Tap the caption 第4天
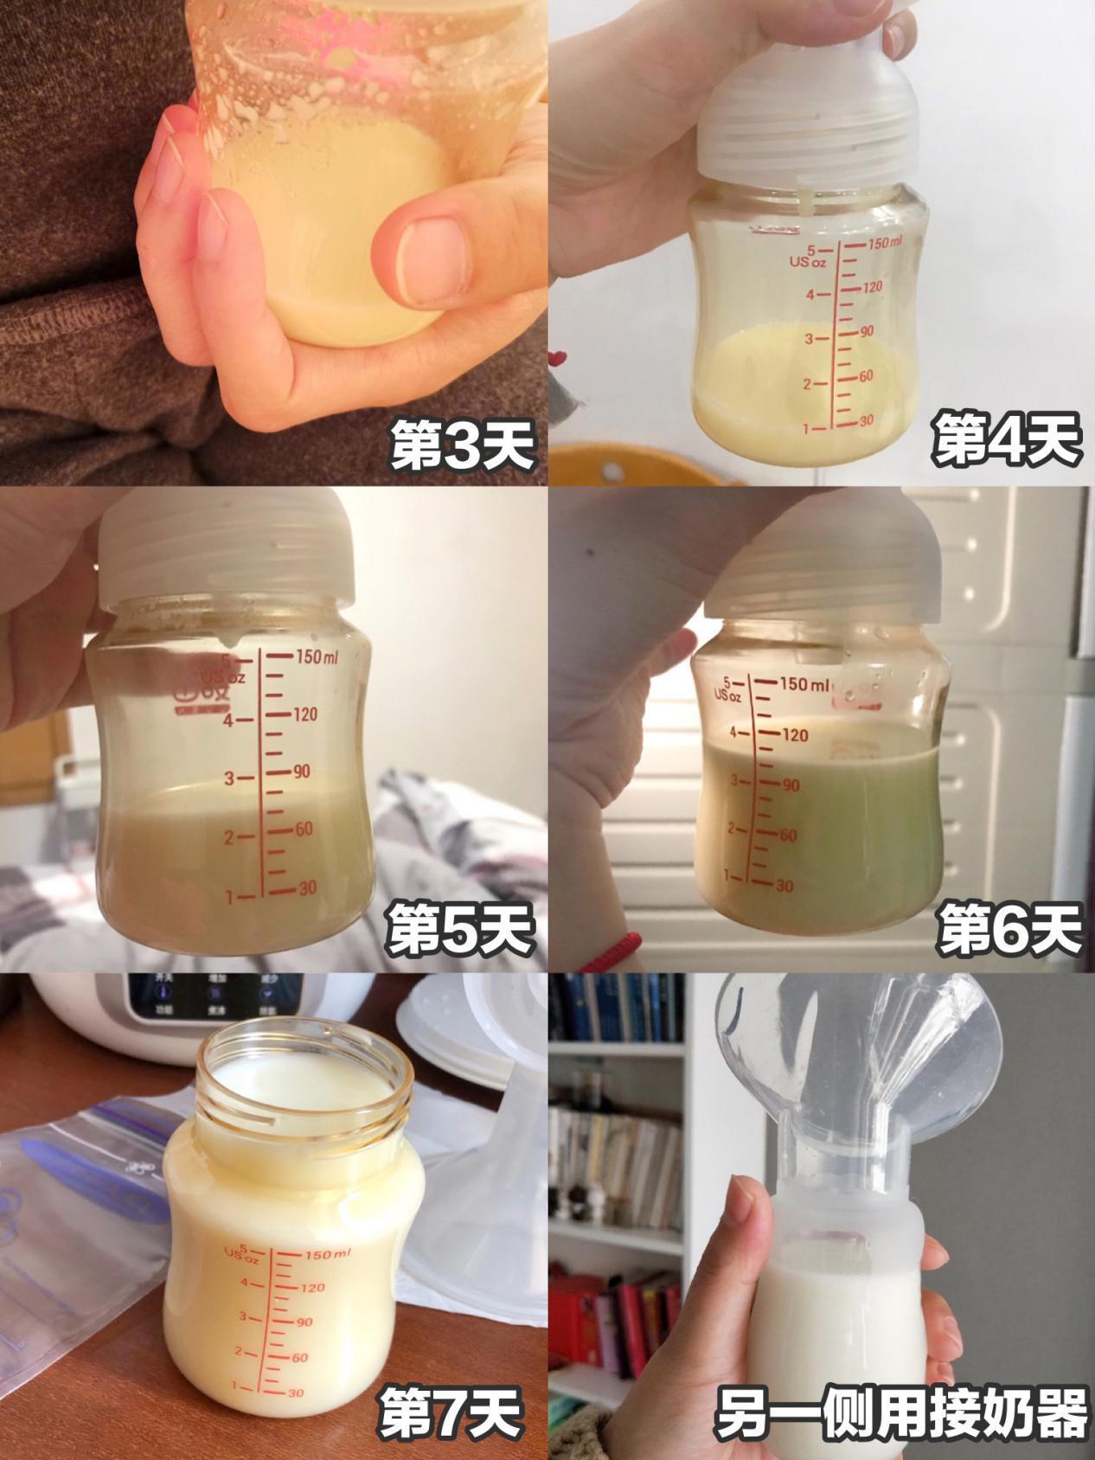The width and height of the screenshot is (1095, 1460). click(1006, 441)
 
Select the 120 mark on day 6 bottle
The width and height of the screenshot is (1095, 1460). click(793, 735)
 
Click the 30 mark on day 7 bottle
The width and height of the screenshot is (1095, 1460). click(295, 1393)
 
